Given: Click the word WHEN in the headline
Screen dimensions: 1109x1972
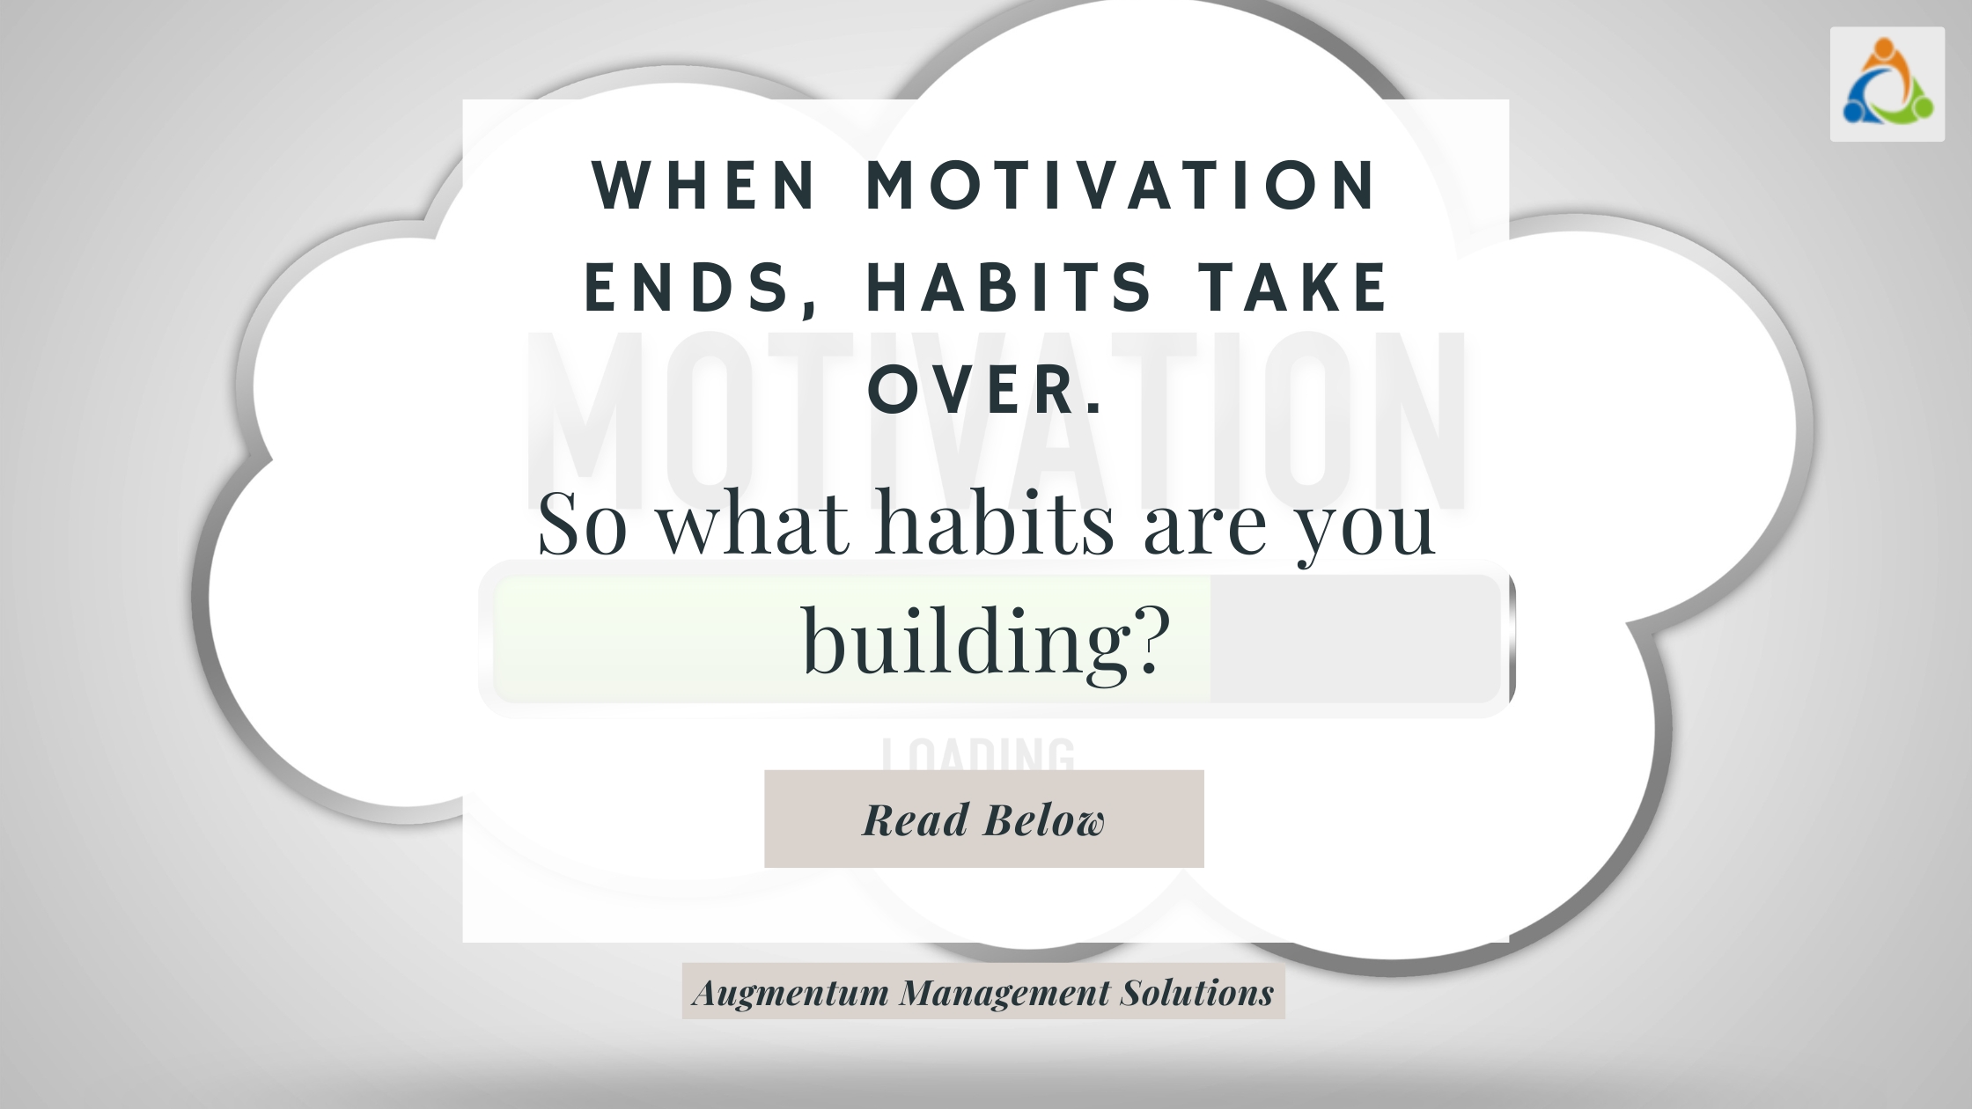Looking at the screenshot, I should coord(704,186).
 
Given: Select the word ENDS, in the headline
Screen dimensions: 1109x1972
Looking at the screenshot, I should coord(700,289).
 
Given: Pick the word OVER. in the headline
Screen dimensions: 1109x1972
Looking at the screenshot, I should coord(986,390).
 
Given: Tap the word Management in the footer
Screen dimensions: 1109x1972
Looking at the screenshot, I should coord(1004,993).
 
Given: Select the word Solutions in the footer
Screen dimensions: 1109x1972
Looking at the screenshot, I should coord(1196,992).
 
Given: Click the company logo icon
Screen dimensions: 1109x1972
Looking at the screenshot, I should coord(1887,84).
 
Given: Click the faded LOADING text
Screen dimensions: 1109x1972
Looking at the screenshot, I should coord(978,754).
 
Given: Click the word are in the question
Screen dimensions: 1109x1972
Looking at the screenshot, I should coord(1204,526).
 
